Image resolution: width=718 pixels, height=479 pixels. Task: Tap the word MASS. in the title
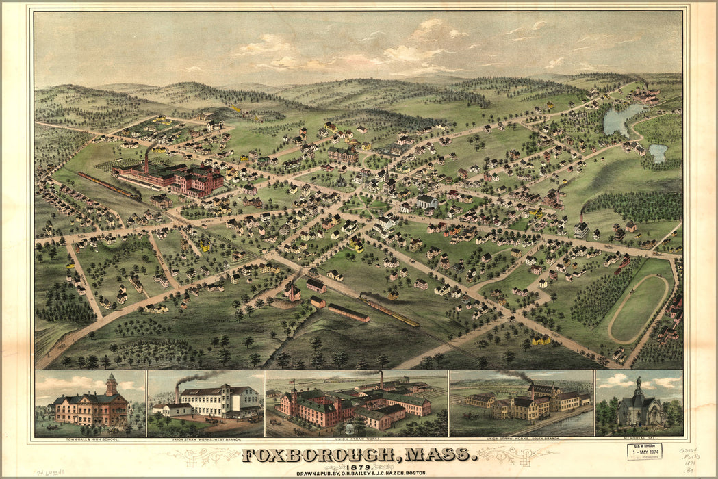pos(437,454)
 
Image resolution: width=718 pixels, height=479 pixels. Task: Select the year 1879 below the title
pos(358,465)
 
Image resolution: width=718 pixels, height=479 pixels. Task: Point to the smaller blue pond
pos(658,153)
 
